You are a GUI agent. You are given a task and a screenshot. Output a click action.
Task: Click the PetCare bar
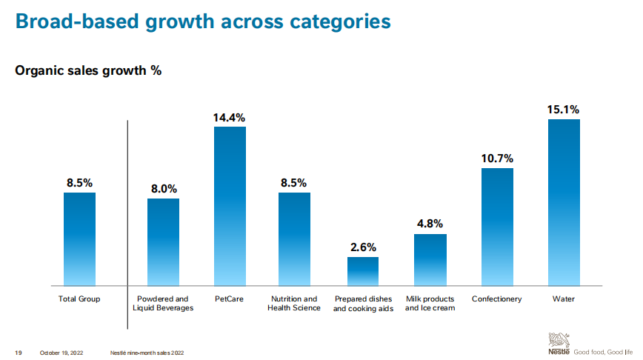230,206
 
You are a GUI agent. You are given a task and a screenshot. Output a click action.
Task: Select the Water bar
564,202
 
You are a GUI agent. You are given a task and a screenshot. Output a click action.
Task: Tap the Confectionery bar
497,227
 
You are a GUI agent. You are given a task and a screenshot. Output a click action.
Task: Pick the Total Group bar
79,239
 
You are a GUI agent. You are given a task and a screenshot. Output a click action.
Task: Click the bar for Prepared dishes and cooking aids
363,271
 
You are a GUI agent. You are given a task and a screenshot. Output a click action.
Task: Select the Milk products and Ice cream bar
430,259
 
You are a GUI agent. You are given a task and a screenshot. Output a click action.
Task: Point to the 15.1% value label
564,110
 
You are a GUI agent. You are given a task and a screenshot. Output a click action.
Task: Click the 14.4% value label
230,117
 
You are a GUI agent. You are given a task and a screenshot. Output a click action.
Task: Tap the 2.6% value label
363,247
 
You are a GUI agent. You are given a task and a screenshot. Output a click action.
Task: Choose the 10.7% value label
497,159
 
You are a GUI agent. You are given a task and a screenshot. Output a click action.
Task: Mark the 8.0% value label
163,189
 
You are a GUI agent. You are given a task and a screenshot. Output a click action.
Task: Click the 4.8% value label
430,224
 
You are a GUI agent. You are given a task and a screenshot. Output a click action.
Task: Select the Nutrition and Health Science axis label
294,304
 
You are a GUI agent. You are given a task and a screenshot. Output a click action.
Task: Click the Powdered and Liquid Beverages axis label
163,304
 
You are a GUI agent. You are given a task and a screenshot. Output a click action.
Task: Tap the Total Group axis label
79,299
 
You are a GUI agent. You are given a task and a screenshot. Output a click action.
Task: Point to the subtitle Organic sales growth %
88,71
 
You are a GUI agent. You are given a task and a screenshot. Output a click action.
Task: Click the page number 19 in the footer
18,352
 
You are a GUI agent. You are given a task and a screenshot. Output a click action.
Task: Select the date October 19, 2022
61,352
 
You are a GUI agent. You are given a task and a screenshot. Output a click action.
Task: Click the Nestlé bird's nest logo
559,341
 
